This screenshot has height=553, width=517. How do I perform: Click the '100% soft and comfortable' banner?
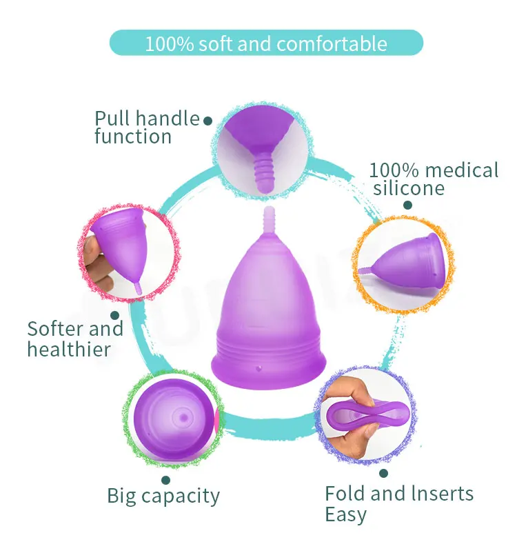click(x=265, y=43)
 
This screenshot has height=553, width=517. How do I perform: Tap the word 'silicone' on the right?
click(x=409, y=188)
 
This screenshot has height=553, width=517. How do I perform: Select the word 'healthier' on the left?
click(x=69, y=349)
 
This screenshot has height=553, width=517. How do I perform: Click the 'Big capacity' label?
click(x=163, y=495)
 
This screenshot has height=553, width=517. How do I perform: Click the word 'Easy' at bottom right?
click(x=345, y=514)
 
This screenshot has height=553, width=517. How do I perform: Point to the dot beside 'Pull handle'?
click(x=207, y=120)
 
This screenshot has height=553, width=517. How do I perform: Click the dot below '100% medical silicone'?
click(x=407, y=205)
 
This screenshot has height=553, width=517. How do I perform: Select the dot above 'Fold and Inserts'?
click(x=383, y=474)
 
